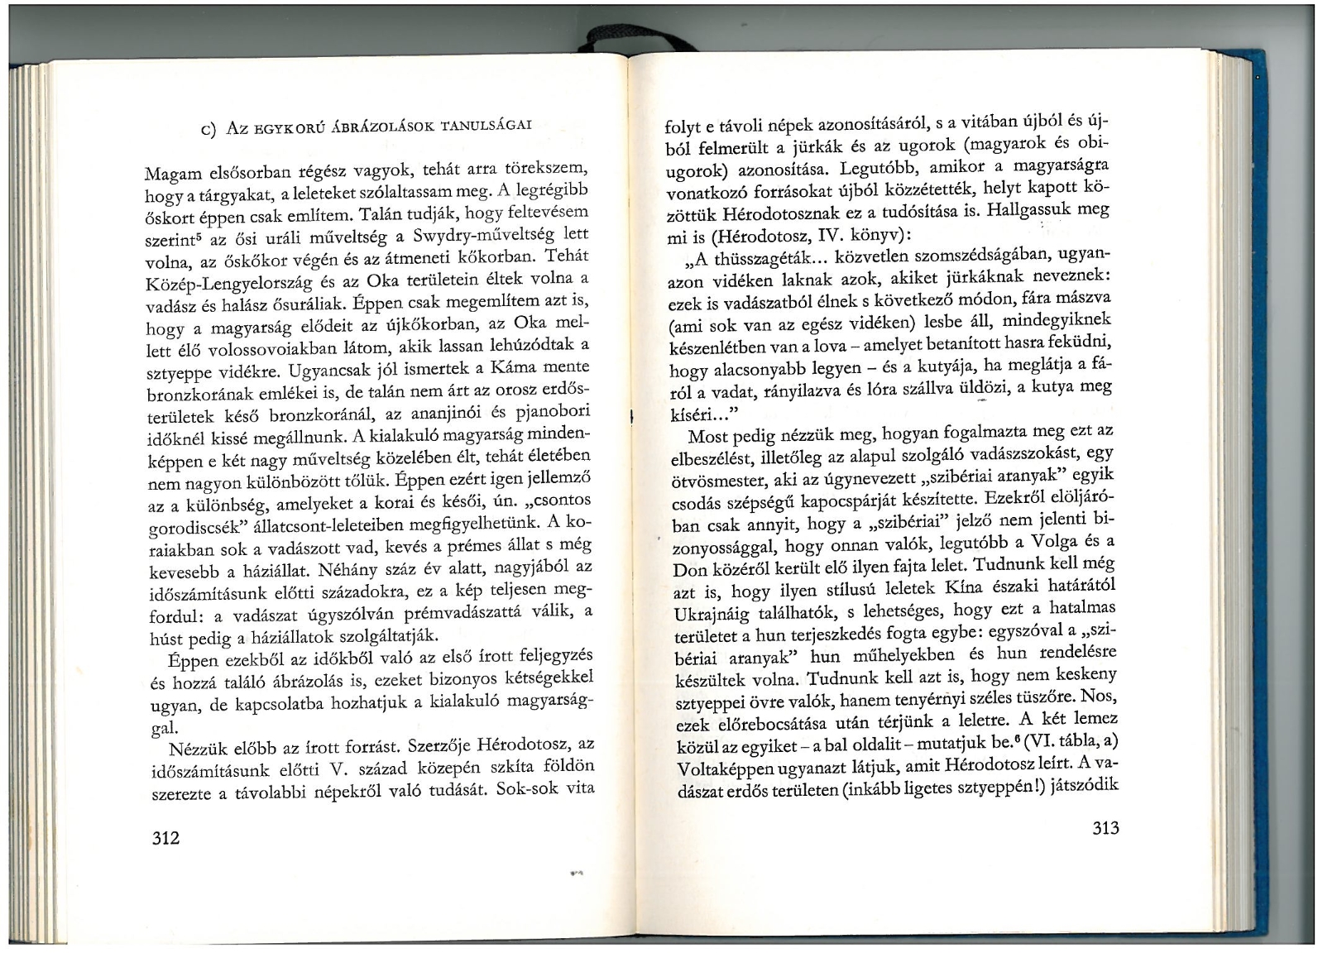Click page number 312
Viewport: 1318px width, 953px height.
coord(166,837)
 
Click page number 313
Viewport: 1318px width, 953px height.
coord(1105,828)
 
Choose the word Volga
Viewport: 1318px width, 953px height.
coord(1060,542)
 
